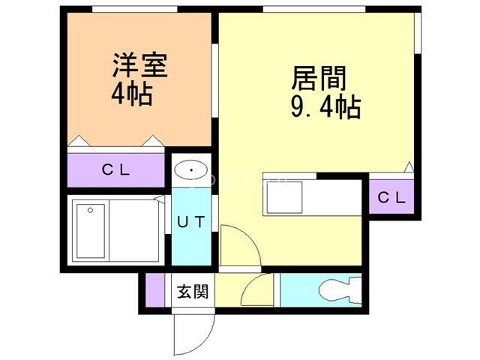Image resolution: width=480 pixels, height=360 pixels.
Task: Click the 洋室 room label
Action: (x=140, y=65)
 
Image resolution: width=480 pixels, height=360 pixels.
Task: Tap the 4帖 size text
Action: (x=132, y=94)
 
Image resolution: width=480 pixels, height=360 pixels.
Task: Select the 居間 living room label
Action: (x=319, y=78)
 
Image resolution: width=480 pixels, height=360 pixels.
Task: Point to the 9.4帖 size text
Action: (x=325, y=107)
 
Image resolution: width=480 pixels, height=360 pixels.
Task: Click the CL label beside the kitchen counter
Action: (x=391, y=198)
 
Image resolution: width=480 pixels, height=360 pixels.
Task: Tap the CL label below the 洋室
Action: (x=115, y=170)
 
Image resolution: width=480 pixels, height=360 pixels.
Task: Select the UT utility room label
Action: (x=191, y=222)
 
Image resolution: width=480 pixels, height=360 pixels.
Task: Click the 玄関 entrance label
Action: (x=193, y=291)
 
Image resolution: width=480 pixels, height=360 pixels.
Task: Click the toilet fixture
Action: (x=340, y=290)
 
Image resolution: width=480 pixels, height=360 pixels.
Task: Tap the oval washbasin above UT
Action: (x=191, y=169)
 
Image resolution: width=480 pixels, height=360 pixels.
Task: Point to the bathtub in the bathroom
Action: (x=91, y=231)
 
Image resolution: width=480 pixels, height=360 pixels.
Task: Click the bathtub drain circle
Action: (x=90, y=210)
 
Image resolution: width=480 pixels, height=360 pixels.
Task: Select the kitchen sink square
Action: (x=284, y=197)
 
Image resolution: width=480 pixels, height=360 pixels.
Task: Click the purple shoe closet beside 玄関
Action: (x=155, y=289)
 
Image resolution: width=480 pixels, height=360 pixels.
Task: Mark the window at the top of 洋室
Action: (x=135, y=9)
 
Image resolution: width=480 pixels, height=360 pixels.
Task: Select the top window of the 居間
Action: (x=314, y=9)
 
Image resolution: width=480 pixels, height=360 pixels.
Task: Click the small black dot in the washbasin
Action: (x=191, y=170)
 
